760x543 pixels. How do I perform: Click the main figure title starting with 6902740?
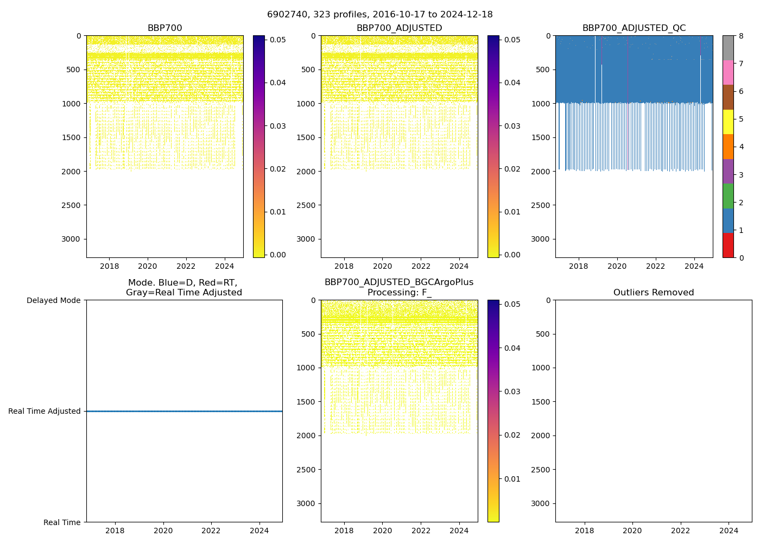click(380, 15)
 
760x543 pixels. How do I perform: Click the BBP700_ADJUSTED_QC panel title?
click(634, 28)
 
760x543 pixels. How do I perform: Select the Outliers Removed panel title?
click(654, 293)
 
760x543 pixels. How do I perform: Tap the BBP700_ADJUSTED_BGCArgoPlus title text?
click(399, 282)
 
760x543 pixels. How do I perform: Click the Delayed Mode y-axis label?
click(53, 300)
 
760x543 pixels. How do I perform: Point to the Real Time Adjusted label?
click(45, 412)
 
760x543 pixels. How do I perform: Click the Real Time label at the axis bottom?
click(62, 522)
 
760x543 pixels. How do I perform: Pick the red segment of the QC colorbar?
click(728, 245)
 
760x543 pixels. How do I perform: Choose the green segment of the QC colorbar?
click(728, 196)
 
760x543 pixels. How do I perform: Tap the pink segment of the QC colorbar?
click(728, 72)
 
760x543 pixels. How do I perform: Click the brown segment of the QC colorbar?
click(728, 97)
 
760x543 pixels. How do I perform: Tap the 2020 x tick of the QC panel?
click(617, 266)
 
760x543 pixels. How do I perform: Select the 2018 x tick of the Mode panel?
click(115, 531)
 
